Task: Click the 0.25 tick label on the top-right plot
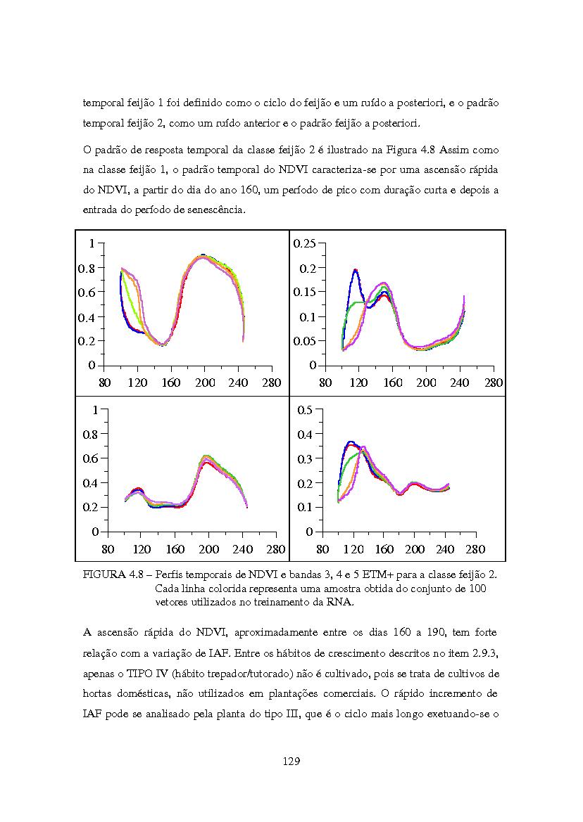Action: click(304, 244)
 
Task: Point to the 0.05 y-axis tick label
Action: click(304, 341)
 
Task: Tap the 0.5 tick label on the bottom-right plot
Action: click(305, 410)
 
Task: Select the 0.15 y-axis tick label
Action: click(304, 292)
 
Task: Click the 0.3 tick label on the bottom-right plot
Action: click(305, 458)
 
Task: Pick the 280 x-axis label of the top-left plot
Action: click(272, 383)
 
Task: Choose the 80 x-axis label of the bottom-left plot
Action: click(108, 549)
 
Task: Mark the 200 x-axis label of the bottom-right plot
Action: click(415, 549)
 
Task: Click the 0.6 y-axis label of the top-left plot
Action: click(87, 293)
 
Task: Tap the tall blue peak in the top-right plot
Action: click(356, 270)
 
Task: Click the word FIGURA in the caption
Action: click(104, 574)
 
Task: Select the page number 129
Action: click(291, 762)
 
